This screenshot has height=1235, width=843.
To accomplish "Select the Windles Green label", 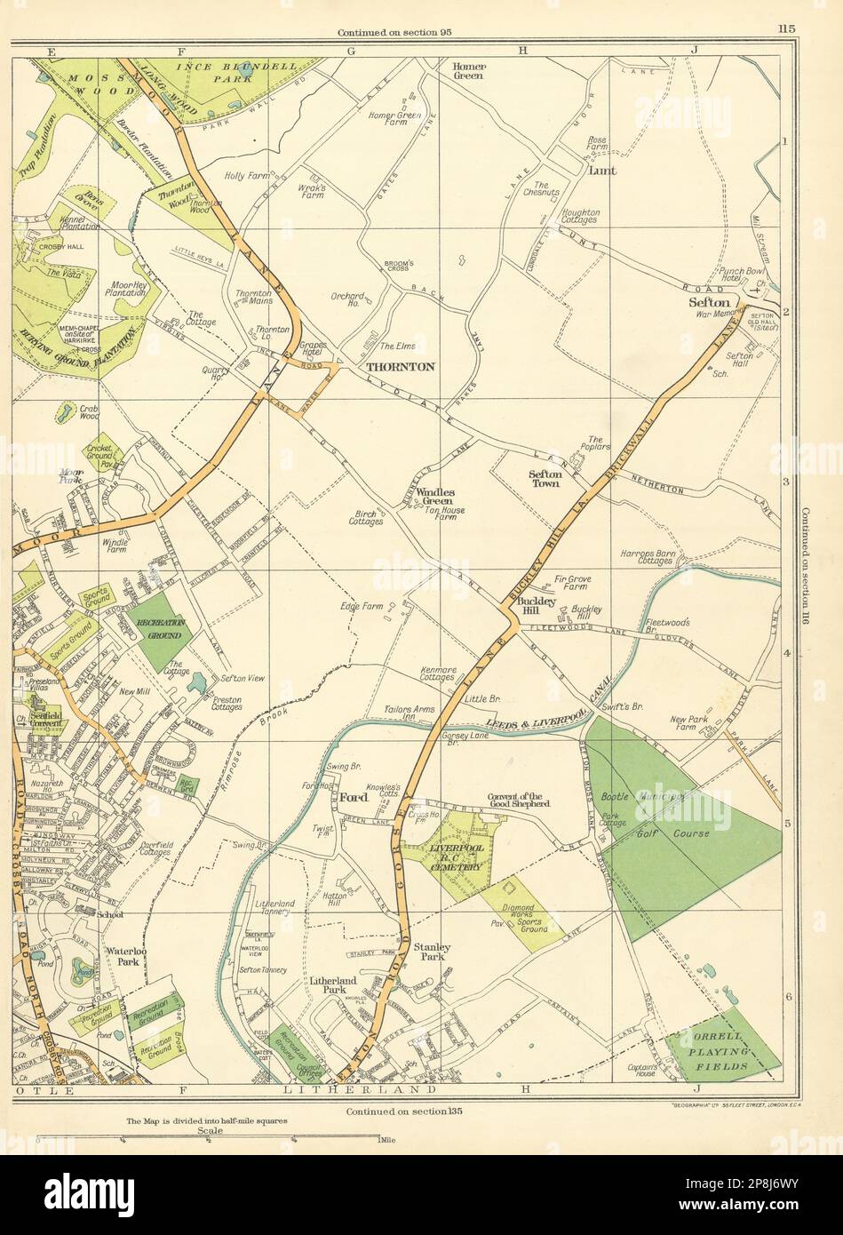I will point(433,497).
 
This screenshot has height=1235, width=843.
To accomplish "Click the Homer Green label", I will point(467,70).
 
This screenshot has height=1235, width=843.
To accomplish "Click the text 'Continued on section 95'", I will point(394,34).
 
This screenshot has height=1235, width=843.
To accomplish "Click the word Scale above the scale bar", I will point(210,1132).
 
